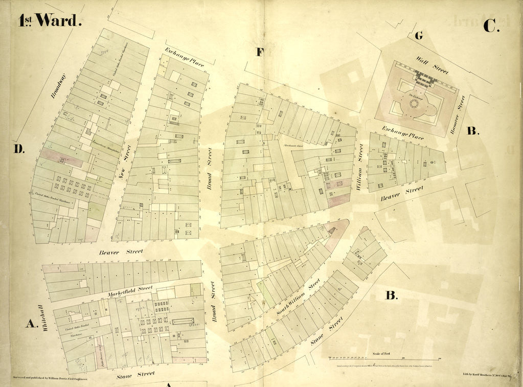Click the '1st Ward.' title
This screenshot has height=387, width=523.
(x=50, y=20)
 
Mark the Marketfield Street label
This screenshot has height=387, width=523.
(x=131, y=291)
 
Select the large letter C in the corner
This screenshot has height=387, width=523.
(x=490, y=26)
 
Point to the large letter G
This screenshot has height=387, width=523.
(x=419, y=36)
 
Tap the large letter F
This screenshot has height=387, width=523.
(x=260, y=51)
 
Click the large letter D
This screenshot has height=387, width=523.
(x=19, y=149)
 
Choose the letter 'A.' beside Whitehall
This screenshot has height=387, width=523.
(x=32, y=323)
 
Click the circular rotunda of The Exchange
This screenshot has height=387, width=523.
(x=414, y=104)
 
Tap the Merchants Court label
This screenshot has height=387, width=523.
(x=294, y=145)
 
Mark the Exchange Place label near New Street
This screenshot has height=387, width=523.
(x=185, y=57)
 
